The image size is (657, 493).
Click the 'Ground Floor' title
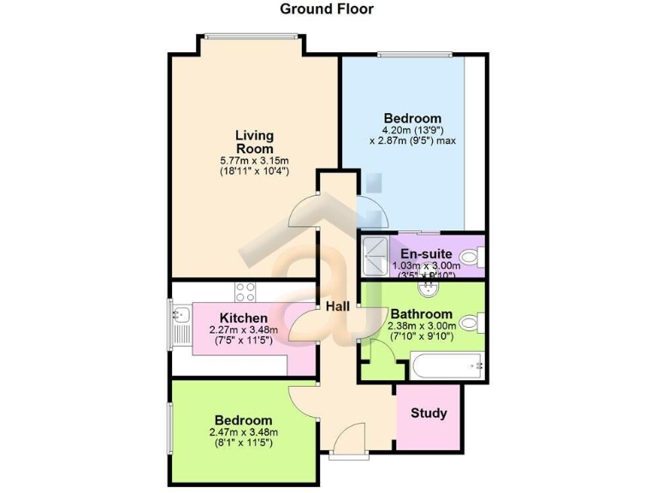pos(328,9)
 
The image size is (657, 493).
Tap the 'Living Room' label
pos(255,142)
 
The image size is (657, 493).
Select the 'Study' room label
pos(429,413)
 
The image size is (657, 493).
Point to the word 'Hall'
pos(335,306)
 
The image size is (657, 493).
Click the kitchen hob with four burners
pos(246,291)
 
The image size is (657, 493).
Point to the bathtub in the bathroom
pos(447,370)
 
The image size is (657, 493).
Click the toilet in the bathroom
pos(470,323)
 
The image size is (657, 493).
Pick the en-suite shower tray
pos(374,255)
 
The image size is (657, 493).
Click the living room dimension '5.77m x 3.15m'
pos(254,160)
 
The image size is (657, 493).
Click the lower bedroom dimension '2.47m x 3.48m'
pos(244,432)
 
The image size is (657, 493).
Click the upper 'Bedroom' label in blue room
pos(412,118)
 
